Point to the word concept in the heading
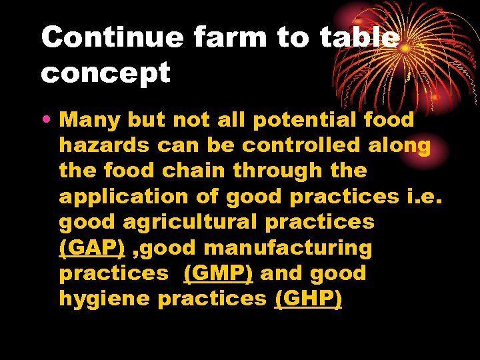click(x=105, y=73)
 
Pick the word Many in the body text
click(x=89, y=120)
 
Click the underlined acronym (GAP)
click(x=92, y=248)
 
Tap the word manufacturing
click(x=288, y=248)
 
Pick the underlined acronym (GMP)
click(x=218, y=273)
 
